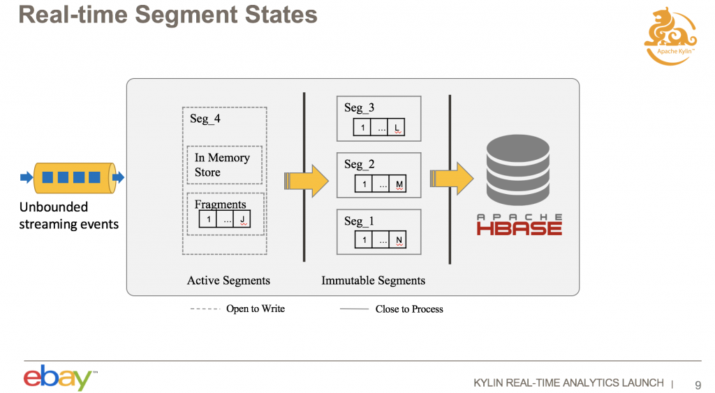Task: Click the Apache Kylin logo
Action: (670, 36)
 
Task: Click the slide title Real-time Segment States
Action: (168, 15)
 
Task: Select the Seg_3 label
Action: (359, 107)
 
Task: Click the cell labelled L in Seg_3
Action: (397, 128)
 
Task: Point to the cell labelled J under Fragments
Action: (241, 219)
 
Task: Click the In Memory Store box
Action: (223, 165)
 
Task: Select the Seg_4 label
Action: (205, 119)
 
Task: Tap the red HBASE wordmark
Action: (519, 228)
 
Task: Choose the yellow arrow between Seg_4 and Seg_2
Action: (307, 180)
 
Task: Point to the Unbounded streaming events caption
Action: (68, 215)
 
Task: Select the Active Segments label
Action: (228, 281)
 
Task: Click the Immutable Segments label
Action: (373, 281)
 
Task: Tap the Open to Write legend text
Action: (256, 309)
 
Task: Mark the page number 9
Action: (698, 383)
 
